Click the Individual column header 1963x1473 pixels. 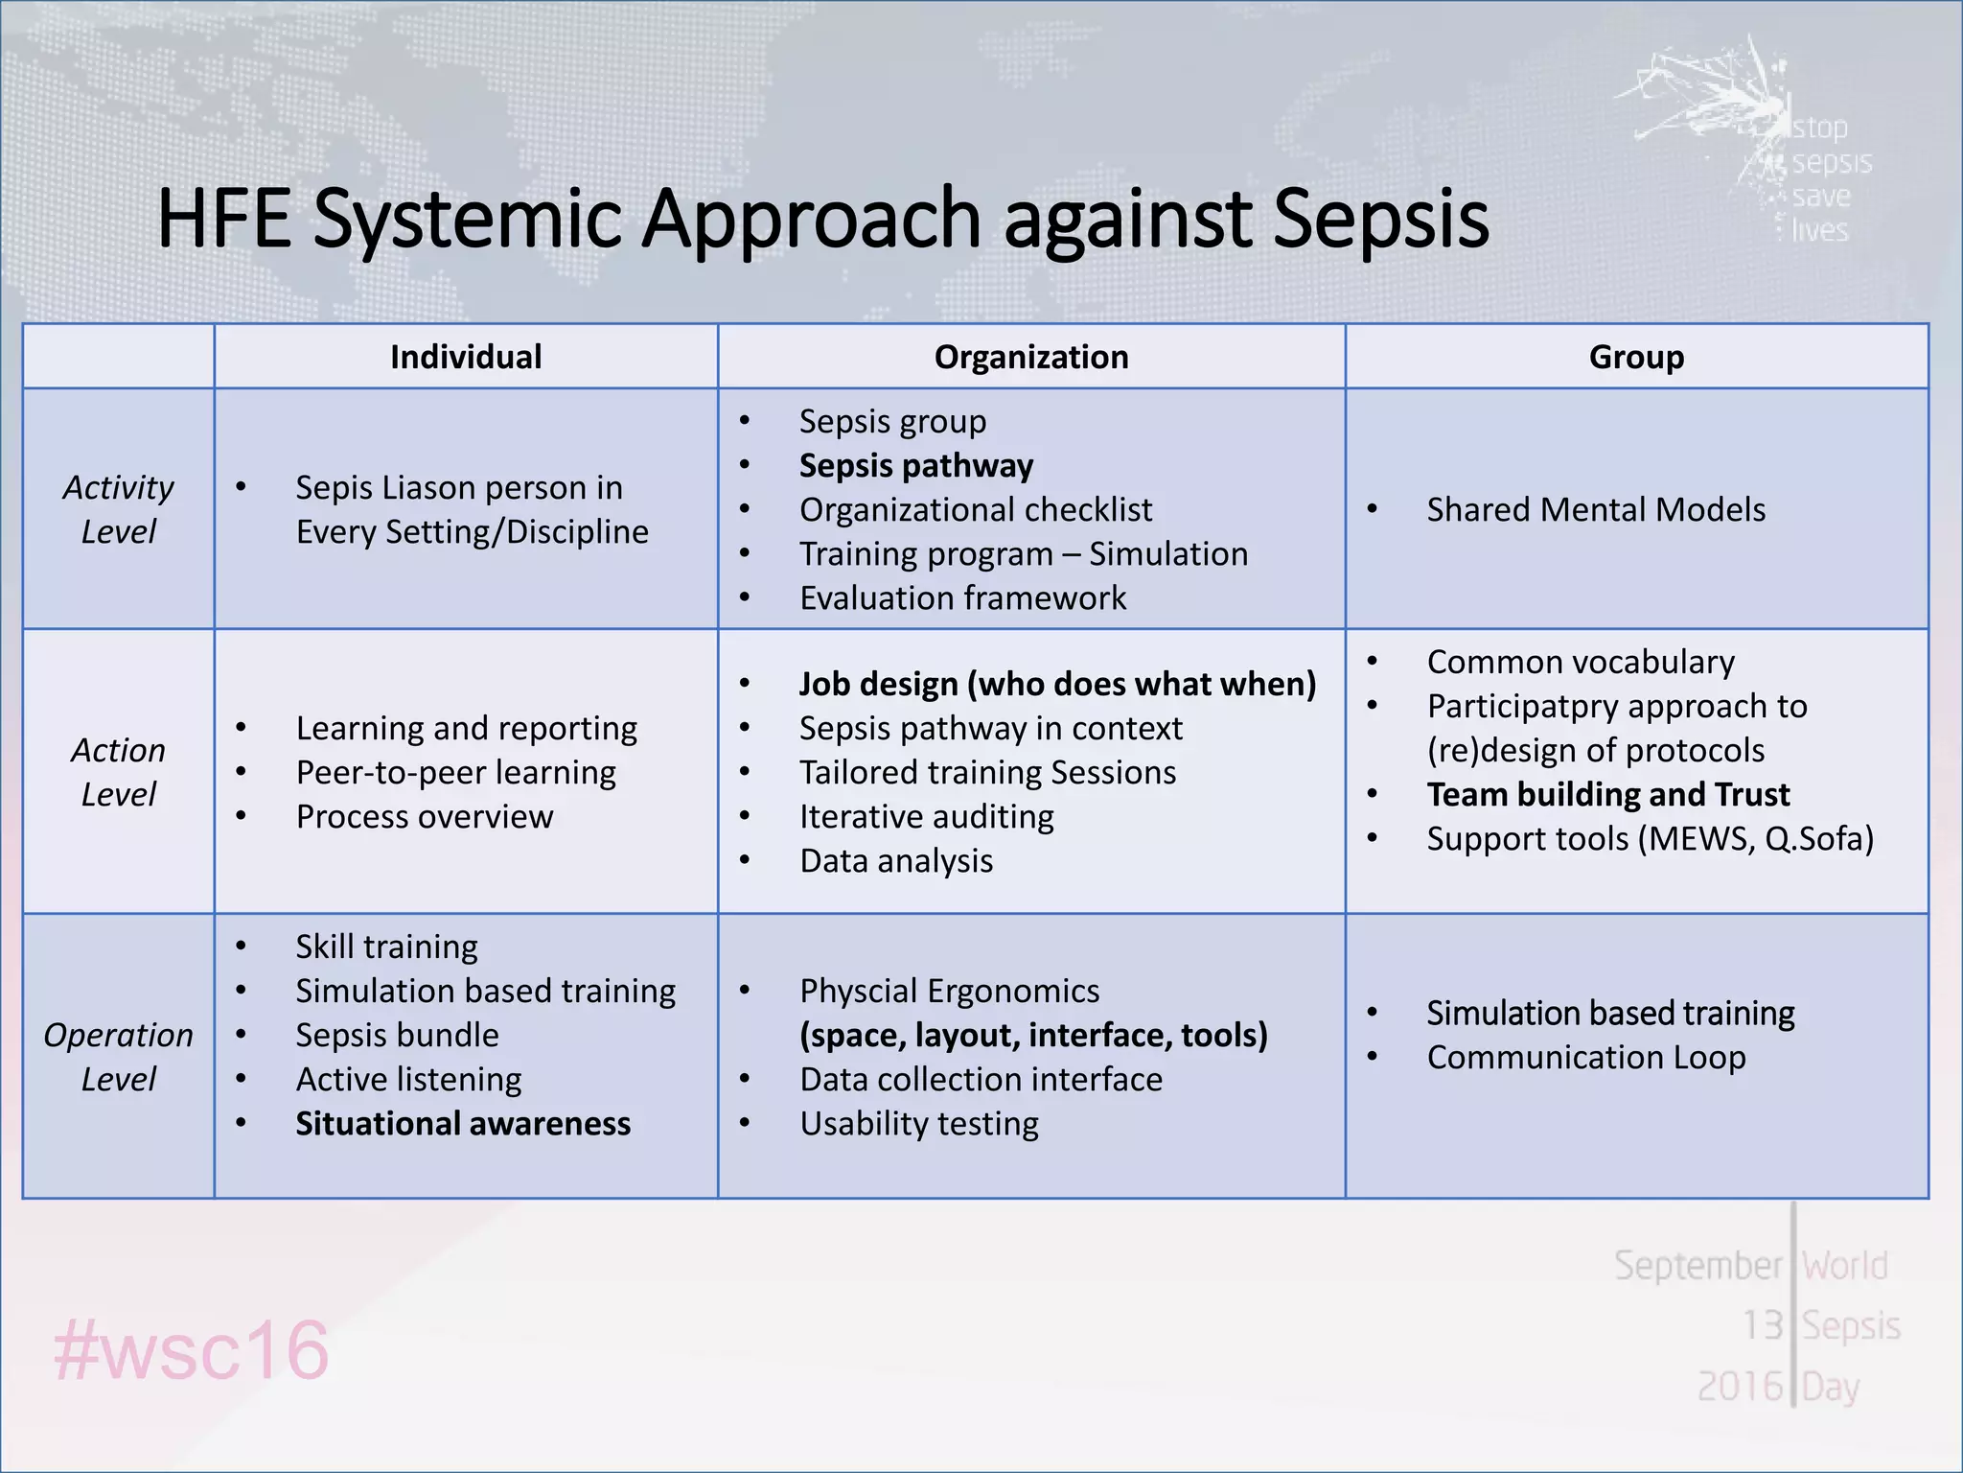(466, 357)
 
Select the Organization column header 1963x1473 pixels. (1031, 357)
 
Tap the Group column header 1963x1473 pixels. (1636, 357)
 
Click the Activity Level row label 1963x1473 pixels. (118, 509)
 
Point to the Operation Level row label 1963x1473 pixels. (118, 1057)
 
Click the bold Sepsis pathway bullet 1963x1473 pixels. (916, 466)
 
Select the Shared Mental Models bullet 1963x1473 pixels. (1596, 509)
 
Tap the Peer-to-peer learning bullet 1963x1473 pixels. (455, 772)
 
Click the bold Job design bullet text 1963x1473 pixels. (1057, 684)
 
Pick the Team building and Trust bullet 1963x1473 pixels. (1607, 794)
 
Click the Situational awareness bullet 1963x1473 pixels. (463, 1123)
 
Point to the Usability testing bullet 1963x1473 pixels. (918, 1123)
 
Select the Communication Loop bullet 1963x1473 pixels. (1586, 1057)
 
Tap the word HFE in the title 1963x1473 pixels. (223, 219)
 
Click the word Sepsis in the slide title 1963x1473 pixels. (1380, 219)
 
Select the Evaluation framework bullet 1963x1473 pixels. (962, 597)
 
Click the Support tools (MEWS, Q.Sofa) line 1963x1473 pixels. (1650, 838)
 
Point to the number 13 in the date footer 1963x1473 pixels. (1762, 1325)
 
